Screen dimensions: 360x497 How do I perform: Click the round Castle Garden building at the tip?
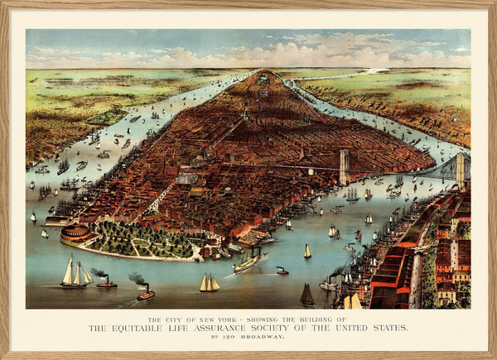point(75,233)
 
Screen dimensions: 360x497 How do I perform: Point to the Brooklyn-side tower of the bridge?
point(461,170)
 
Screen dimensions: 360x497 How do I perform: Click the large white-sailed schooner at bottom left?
point(75,273)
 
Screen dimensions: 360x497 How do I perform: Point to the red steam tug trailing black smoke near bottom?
point(146,293)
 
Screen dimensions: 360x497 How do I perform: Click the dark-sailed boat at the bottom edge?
point(306,295)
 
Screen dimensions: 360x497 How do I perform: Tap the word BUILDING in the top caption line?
point(316,320)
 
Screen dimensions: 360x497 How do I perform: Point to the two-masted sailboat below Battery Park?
point(209,284)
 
